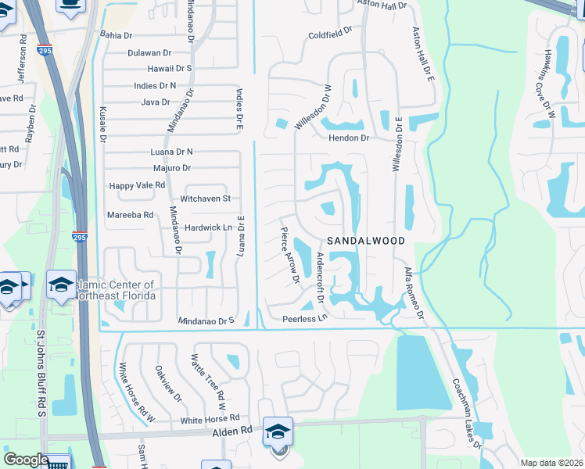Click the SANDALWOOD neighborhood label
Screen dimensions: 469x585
click(366, 241)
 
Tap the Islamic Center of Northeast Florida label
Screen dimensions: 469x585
click(114, 290)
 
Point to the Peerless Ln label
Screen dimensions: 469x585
click(303, 319)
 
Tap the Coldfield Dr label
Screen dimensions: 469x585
click(331, 35)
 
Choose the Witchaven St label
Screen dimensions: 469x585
click(206, 199)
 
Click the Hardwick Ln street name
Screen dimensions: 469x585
click(209, 227)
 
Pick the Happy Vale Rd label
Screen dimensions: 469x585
click(137, 185)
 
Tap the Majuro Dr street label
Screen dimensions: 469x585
click(171, 167)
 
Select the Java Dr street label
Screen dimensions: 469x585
click(155, 102)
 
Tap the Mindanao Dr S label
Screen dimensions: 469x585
click(206, 320)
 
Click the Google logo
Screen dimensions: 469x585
click(26, 460)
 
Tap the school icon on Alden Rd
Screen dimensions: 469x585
click(278, 431)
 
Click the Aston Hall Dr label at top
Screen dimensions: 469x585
click(383, 5)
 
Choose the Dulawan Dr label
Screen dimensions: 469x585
click(149, 52)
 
